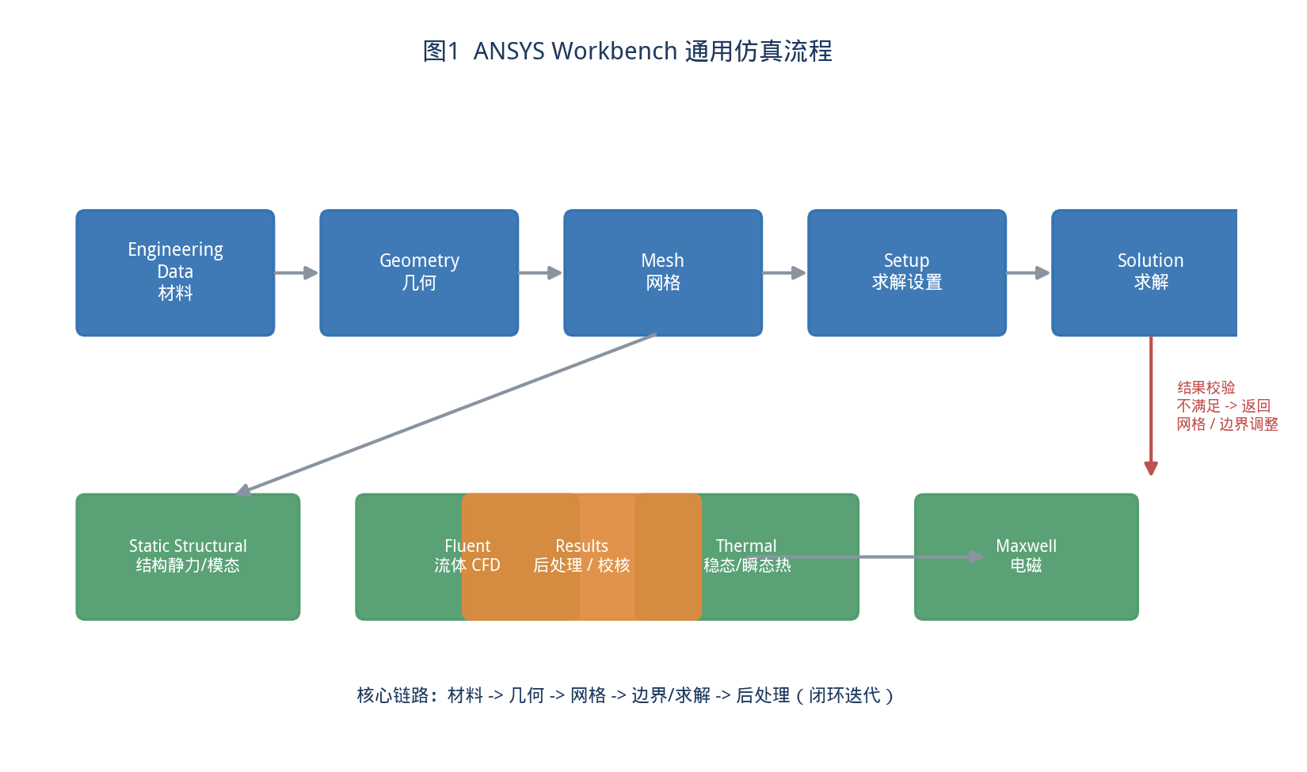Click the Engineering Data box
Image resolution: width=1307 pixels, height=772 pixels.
(x=175, y=272)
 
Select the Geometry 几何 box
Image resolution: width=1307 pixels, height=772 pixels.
(x=419, y=272)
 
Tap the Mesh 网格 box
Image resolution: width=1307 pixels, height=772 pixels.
(x=663, y=272)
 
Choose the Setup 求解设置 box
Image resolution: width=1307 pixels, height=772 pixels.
(x=907, y=272)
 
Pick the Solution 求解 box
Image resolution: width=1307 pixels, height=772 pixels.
(x=1144, y=272)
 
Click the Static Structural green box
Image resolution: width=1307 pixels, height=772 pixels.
(x=188, y=557)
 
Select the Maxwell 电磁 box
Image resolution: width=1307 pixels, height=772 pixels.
(x=1027, y=557)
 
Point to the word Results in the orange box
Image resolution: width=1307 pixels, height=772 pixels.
(x=581, y=546)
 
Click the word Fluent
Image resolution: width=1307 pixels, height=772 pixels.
(x=467, y=546)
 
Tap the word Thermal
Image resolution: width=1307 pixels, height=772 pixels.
(x=746, y=546)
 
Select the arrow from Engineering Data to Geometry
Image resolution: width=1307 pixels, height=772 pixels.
(x=296, y=272)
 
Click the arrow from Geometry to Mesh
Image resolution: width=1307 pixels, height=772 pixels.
(x=540, y=272)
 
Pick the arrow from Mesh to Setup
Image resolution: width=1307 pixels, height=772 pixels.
(x=784, y=272)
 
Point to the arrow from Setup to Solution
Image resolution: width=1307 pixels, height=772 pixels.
(x=1028, y=272)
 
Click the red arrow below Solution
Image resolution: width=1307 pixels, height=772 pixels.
(x=1151, y=406)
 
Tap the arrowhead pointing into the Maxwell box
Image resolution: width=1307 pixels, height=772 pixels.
(x=976, y=557)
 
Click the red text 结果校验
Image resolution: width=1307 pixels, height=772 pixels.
(x=1206, y=388)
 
